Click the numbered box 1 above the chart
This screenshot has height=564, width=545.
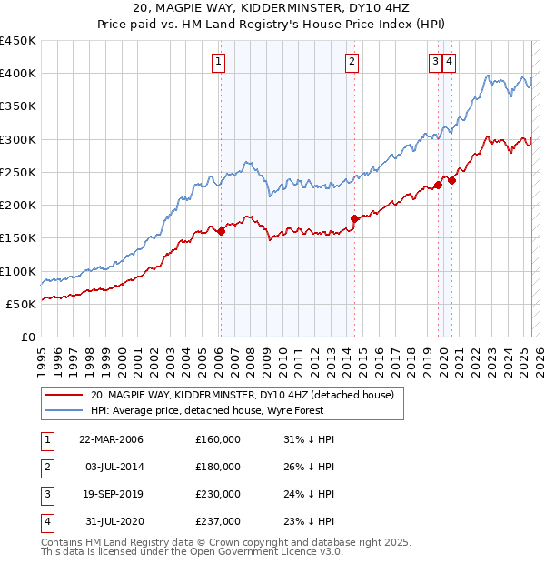220,62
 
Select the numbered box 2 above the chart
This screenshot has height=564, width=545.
352,62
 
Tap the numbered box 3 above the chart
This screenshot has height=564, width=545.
436,62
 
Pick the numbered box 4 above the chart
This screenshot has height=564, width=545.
450,62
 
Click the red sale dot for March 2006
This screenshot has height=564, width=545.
221,231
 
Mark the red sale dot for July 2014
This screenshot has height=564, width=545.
354,218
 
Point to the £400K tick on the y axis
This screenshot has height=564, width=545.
17,74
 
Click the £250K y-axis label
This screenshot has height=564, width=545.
17,172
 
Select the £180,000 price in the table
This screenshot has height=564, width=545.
218,467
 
